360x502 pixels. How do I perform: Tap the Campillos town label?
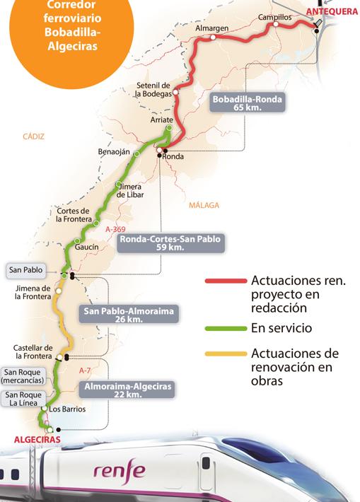pos(274,16)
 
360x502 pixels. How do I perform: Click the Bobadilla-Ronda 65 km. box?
pos(248,104)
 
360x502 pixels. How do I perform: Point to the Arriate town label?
pos(163,121)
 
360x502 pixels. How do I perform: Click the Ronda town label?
pos(173,157)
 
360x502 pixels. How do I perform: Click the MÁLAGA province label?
pos(204,205)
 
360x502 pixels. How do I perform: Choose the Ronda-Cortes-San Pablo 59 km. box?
pos(170,244)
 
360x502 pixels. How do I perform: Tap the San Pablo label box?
pos(24,269)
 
